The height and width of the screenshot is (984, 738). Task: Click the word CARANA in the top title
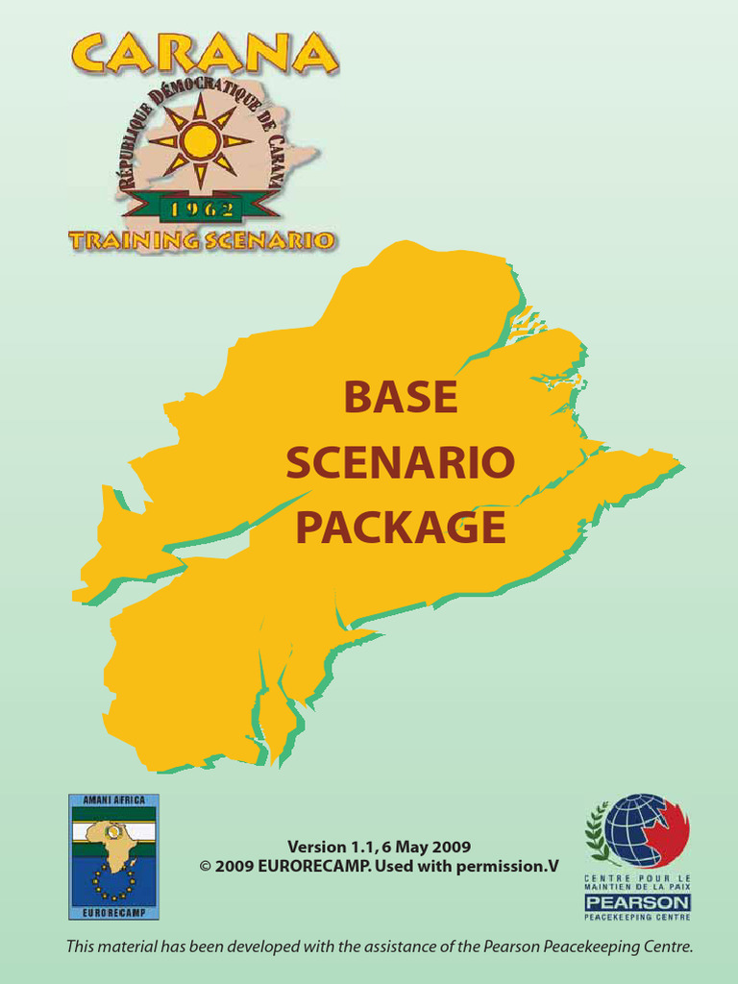(202, 55)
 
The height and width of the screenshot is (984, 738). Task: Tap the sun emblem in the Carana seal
(200, 141)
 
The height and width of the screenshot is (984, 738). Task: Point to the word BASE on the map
(401, 398)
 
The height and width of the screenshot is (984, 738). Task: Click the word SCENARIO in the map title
(401, 464)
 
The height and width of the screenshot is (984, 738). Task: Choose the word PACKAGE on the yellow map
(401, 528)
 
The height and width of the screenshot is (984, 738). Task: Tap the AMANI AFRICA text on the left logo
(113, 799)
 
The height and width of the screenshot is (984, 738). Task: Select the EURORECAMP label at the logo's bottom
(113, 911)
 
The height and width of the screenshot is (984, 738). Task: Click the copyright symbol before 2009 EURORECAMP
(205, 866)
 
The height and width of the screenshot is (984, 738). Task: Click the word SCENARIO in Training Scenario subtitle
(271, 240)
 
